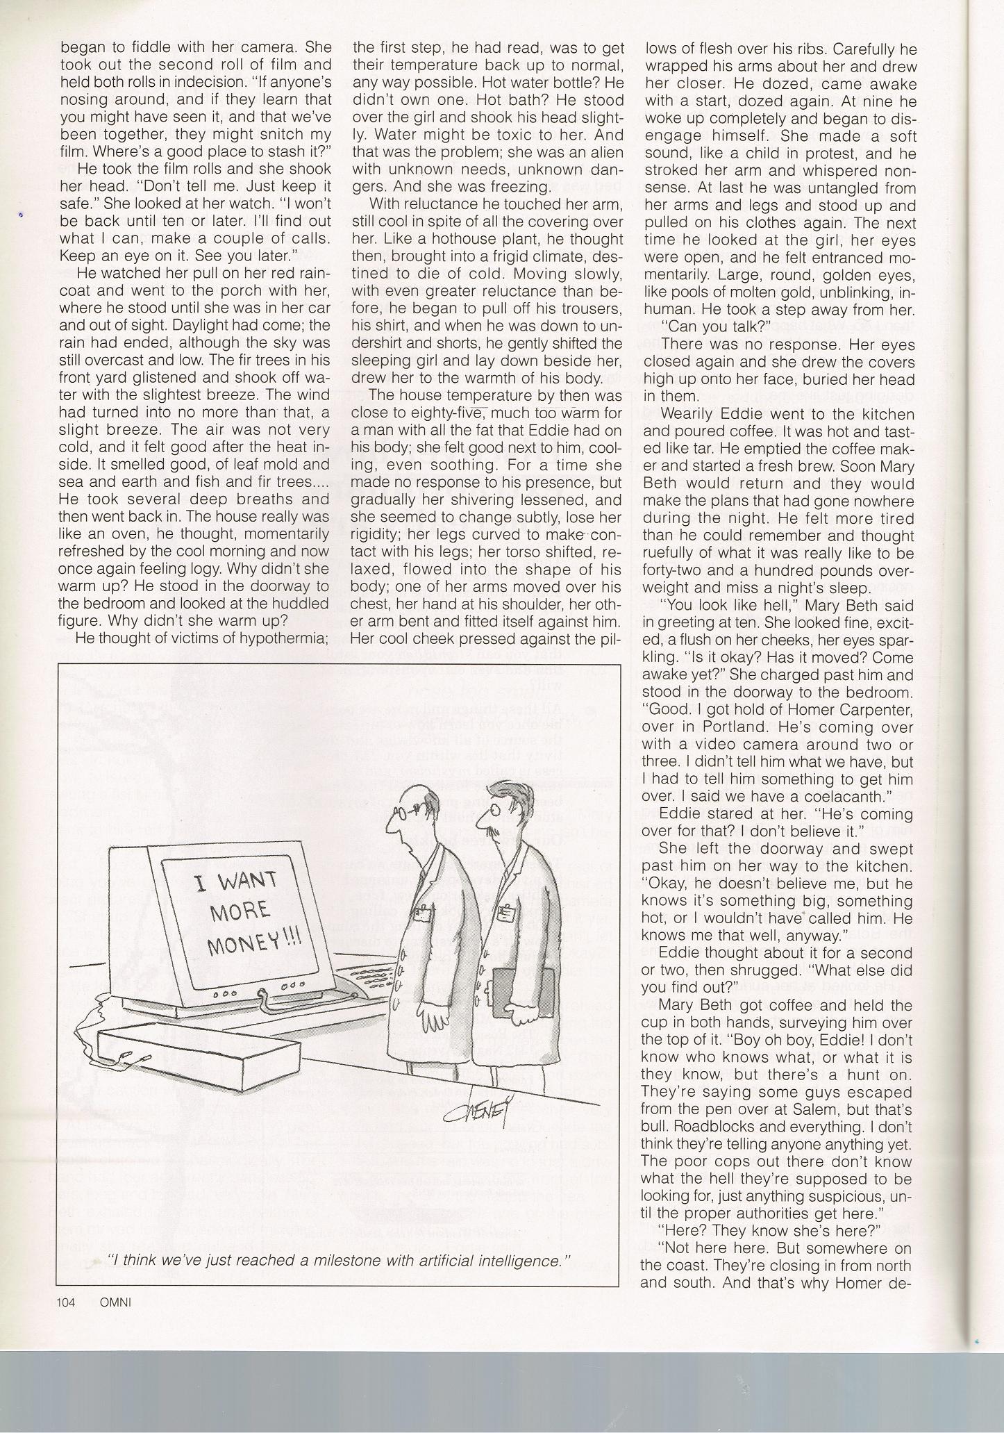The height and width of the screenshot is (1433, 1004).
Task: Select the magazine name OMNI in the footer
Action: pyautogui.click(x=115, y=1302)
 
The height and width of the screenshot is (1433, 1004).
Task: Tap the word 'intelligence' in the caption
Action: pyautogui.click(x=518, y=1259)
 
